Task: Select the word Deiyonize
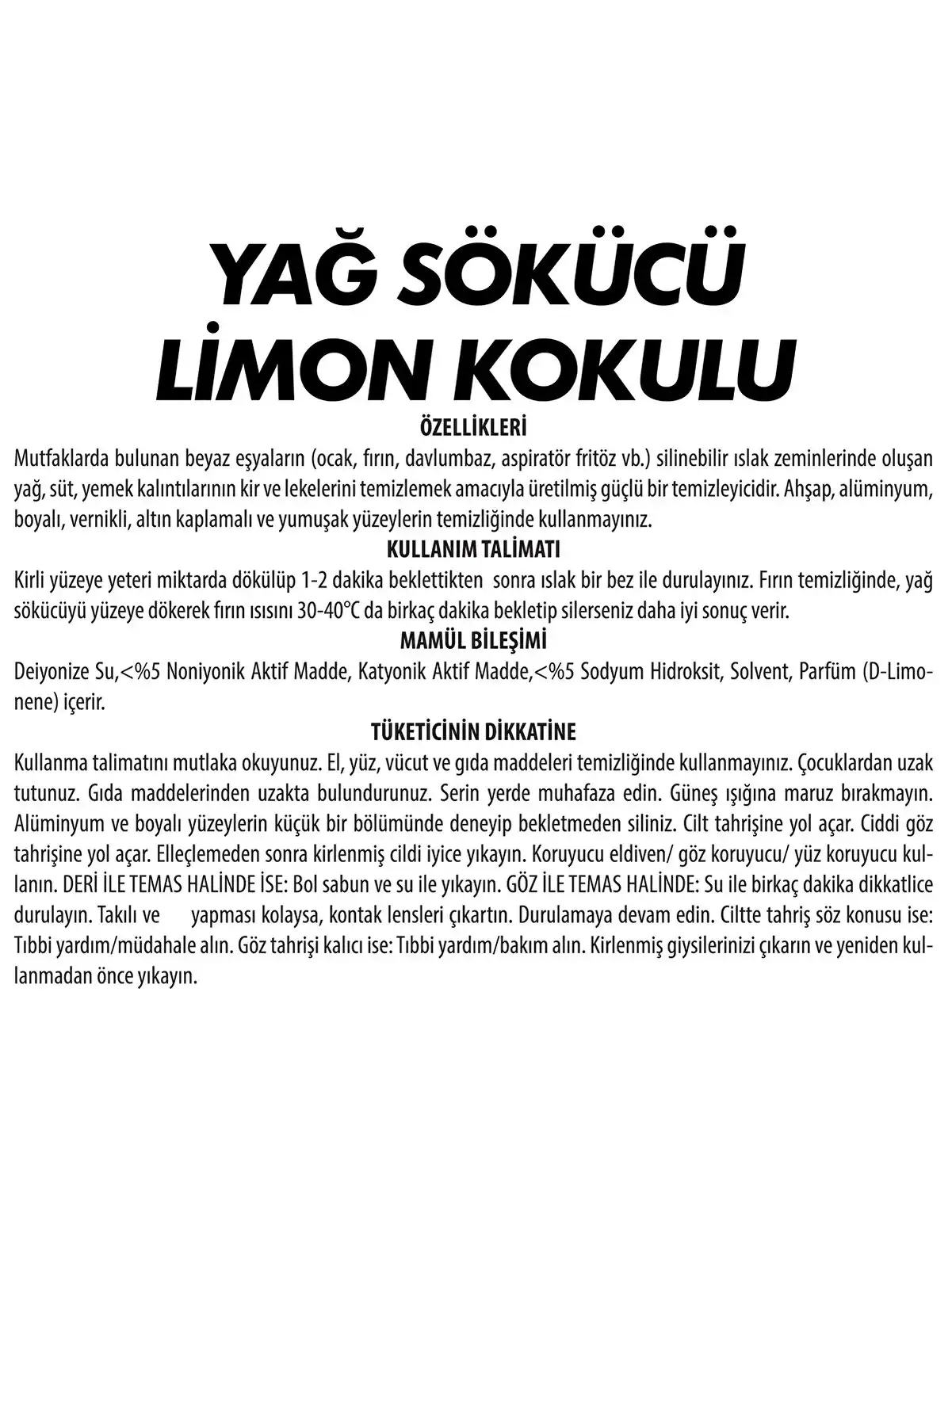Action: [x=54, y=672]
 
